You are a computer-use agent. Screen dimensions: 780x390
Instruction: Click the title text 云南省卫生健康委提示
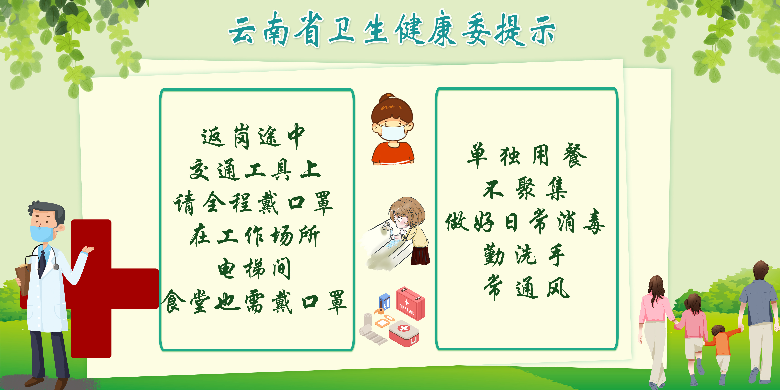pyautogui.click(x=392, y=29)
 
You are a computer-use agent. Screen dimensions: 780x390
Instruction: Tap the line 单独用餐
pyautogui.click(x=527, y=155)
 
